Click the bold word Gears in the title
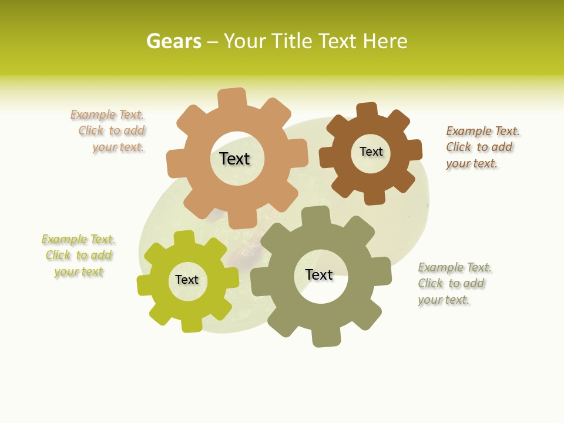(173, 41)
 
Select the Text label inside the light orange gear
(234, 159)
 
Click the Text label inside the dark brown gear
(371, 152)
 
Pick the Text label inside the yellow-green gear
(187, 280)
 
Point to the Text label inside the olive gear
(319, 274)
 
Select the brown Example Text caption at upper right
(482, 147)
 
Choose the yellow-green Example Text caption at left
(78, 256)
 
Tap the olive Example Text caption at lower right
(454, 283)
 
